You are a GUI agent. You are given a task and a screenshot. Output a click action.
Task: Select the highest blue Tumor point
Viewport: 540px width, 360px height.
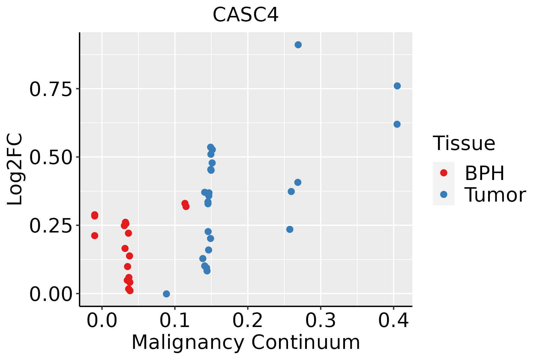[x=298, y=45]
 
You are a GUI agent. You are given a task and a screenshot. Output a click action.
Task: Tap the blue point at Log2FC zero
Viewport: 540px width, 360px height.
[x=166, y=294]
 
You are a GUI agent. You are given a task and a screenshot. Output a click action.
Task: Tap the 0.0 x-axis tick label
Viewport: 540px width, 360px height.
[x=102, y=321]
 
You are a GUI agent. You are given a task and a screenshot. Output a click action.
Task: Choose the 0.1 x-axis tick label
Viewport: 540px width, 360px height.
[x=175, y=321]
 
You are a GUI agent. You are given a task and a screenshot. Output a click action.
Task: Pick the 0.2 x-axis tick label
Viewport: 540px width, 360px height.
[x=247, y=321]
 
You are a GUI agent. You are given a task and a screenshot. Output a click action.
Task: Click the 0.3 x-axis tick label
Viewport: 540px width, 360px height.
[x=320, y=321]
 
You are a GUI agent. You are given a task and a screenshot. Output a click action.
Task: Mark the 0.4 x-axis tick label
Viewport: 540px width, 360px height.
[x=393, y=321]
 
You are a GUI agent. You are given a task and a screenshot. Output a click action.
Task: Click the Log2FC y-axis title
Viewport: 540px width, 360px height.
[x=15, y=169]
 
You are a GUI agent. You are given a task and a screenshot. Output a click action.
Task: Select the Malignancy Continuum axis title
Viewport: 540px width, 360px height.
[x=245, y=342]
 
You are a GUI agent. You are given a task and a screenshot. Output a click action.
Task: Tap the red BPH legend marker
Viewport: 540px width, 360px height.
[x=443, y=173]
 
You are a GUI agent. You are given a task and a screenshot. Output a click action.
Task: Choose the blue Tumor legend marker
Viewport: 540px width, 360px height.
[x=443, y=194]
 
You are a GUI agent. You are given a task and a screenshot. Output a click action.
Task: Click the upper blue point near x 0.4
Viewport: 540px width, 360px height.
[x=397, y=86]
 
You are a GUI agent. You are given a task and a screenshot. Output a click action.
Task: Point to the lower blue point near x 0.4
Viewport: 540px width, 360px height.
[x=397, y=124]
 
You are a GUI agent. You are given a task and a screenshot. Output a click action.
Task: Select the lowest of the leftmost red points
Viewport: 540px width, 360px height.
[x=94, y=235]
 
